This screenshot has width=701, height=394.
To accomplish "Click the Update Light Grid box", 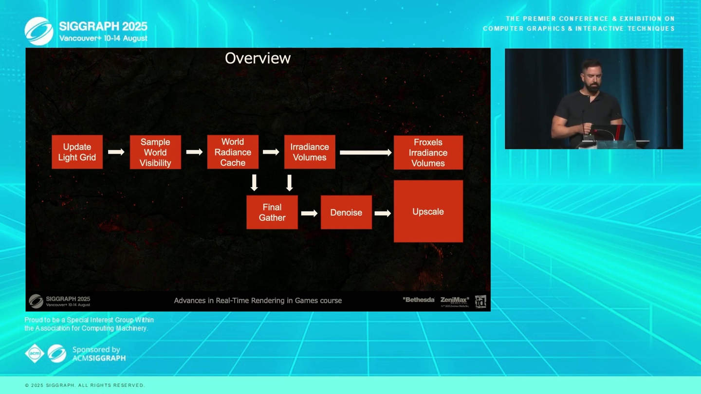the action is click(x=77, y=152).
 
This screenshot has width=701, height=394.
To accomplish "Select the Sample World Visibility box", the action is click(x=155, y=152).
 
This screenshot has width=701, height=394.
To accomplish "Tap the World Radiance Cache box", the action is click(x=233, y=152).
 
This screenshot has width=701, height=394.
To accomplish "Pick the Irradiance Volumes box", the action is click(x=310, y=152).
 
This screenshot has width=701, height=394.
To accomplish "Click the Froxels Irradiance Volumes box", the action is click(x=428, y=152).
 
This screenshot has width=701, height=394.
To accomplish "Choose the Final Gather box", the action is click(x=272, y=212).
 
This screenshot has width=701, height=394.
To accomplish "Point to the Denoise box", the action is click(x=346, y=212).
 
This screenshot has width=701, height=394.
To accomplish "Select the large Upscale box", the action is click(x=428, y=211).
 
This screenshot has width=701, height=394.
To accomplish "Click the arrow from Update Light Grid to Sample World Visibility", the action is click(x=116, y=152).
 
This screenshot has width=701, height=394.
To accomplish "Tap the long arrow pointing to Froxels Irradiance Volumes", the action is click(x=366, y=153).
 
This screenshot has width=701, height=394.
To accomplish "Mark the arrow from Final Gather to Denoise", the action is click(x=309, y=213).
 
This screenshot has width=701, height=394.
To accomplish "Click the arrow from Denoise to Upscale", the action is click(x=383, y=213).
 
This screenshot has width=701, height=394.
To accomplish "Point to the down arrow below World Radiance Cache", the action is click(x=254, y=182).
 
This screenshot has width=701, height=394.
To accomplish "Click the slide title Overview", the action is click(x=258, y=58).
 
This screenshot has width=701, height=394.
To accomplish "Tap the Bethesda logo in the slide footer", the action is click(x=418, y=300).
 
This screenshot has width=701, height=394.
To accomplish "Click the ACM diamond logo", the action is click(x=35, y=354).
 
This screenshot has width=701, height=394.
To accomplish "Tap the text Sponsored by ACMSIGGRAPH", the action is click(x=99, y=354).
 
